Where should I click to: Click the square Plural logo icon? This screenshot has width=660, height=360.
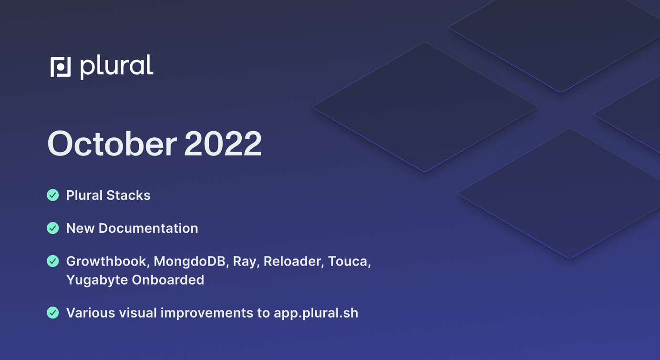coord(61,67)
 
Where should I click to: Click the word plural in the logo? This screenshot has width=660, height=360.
coord(117,67)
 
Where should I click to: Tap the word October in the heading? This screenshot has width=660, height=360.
coord(112,144)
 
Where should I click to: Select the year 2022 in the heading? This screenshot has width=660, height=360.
coord(223,144)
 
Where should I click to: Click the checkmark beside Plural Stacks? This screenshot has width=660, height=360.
coord(53,195)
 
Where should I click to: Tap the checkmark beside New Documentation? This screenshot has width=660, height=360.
coord(53,228)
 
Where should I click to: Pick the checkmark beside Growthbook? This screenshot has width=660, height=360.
coord(53,261)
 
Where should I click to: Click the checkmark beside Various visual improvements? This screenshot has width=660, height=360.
coord(53,313)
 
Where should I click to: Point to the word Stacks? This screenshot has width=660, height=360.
coord(128,195)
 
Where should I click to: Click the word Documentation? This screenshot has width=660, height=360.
coord(148,228)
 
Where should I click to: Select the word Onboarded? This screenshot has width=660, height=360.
coord(168,280)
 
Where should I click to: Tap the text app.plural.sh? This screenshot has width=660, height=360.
coord(316,313)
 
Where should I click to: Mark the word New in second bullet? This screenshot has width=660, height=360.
coord(80,228)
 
